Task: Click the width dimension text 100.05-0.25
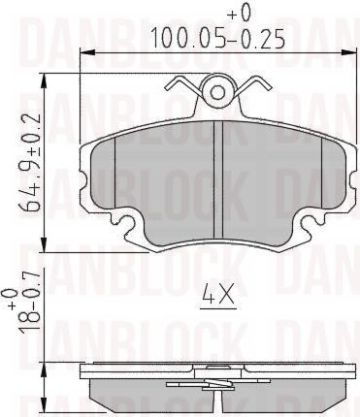coord(217,37)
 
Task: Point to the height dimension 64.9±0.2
coord(31,162)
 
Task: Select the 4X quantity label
coord(218,294)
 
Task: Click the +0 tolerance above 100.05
coord(241,13)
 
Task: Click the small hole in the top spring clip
coord(217,92)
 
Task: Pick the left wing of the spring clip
coord(183,84)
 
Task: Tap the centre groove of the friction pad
coord(218,179)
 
